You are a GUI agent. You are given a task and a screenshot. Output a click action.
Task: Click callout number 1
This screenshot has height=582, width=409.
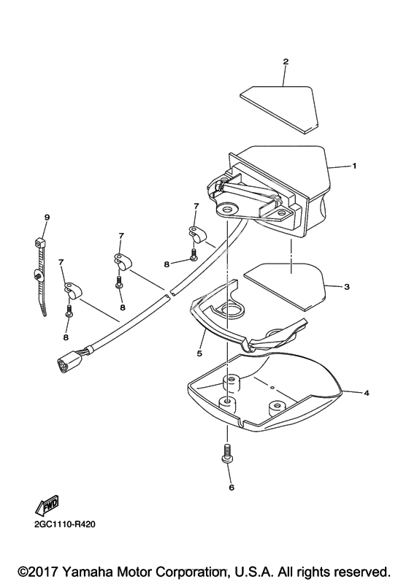(354, 166)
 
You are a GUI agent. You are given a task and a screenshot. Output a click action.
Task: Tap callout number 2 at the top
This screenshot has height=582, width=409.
(286, 61)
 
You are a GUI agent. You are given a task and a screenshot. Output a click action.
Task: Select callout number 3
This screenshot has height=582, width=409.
(347, 287)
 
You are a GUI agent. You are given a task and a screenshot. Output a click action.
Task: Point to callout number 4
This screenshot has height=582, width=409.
(367, 393)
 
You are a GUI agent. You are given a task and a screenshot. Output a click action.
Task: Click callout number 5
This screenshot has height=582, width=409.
(199, 353)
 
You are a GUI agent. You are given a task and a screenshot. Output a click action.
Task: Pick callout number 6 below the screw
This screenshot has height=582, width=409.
(232, 487)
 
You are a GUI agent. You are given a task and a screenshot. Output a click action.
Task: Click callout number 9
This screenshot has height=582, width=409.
(47, 218)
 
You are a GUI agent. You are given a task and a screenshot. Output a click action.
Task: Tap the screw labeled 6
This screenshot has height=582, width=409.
(227, 453)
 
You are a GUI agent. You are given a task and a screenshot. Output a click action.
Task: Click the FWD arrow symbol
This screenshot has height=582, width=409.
(47, 505)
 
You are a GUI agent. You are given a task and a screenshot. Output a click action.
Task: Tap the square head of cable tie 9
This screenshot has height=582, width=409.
(40, 243)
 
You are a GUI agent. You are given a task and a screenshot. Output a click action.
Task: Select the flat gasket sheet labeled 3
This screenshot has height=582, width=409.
(285, 286)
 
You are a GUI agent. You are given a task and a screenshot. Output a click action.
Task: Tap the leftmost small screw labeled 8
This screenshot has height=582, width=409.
(69, 310)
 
